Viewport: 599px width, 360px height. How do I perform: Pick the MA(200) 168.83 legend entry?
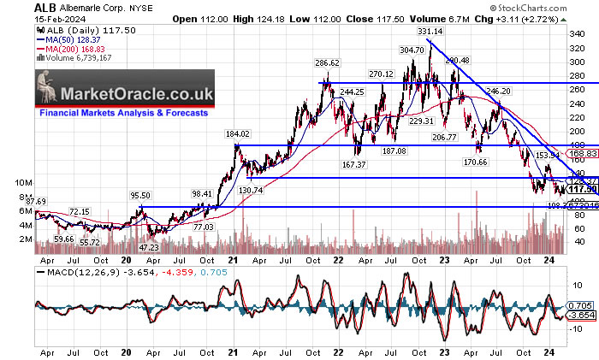[x=72, y=50]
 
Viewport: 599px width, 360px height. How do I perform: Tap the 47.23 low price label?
[x=149, y=246]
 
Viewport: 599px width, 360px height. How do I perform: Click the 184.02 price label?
[x=237, y=134]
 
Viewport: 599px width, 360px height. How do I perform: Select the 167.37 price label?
[x=353, y=163]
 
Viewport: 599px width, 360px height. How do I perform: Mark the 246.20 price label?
[x=498, y=90]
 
